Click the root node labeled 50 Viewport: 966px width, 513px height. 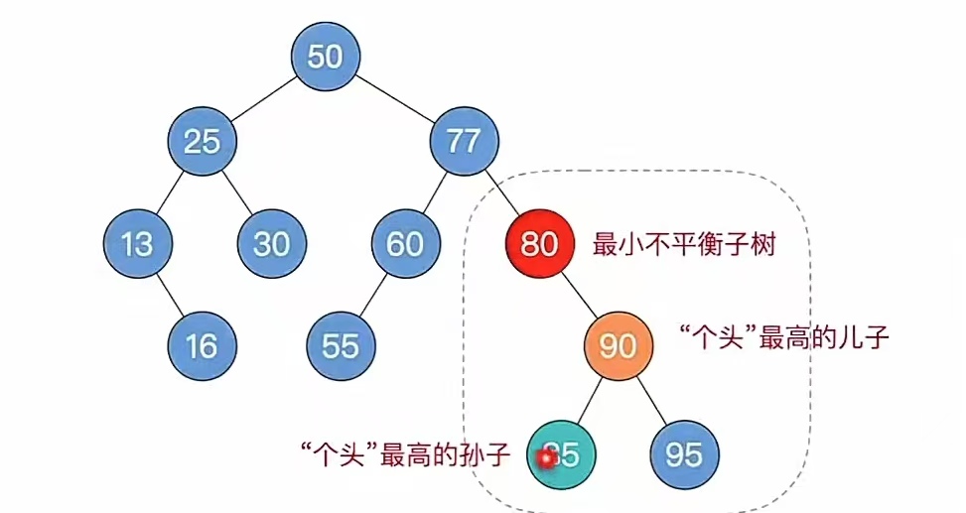[326, 57]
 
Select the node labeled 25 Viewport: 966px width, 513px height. [202, 142]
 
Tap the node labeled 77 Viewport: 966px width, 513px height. [464, 142]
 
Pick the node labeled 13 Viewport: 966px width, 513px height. [137, 243]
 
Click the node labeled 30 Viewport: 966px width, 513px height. [271, 243]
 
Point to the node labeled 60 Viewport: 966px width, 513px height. [405, 243]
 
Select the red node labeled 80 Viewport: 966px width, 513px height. [539, 243]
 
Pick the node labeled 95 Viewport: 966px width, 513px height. [684, 454]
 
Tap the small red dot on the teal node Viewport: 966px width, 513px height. [544, 458]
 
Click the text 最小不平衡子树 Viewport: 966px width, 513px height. [683, 244]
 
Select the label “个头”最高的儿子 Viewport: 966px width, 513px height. [781, 337]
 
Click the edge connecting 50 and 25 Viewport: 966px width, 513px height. [263, 99]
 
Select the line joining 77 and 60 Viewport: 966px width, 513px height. [435, 192]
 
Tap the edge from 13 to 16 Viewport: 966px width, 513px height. [169, 294]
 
